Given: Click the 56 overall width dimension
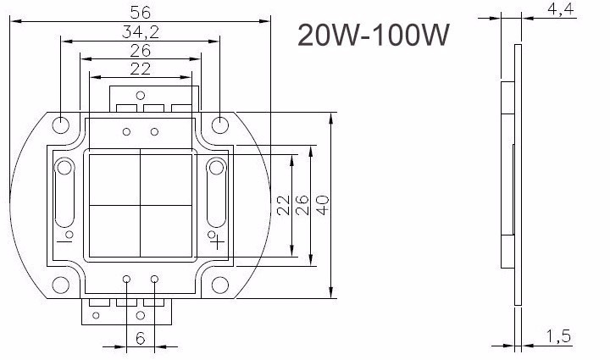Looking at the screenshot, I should coord(141,12).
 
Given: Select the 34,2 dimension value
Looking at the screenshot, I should coord(141,32).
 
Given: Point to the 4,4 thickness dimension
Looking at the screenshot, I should coord(562,10).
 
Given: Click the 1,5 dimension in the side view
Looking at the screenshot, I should coord(558,336).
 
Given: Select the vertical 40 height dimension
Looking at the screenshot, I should coord(323,205).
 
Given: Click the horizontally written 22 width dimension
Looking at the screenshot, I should coord(141,69).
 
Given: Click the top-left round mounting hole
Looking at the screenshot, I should coord(62,125).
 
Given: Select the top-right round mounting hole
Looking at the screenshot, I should coord(219,125).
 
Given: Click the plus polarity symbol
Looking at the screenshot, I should coord(218,241).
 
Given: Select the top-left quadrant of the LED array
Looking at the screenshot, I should coord(114,179).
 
